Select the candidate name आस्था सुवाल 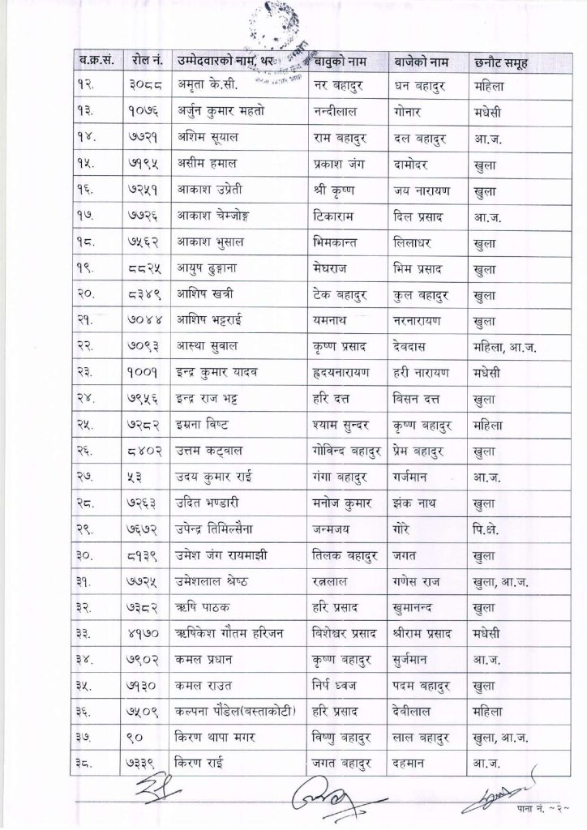[208, 349]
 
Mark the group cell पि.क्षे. [489, 533]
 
